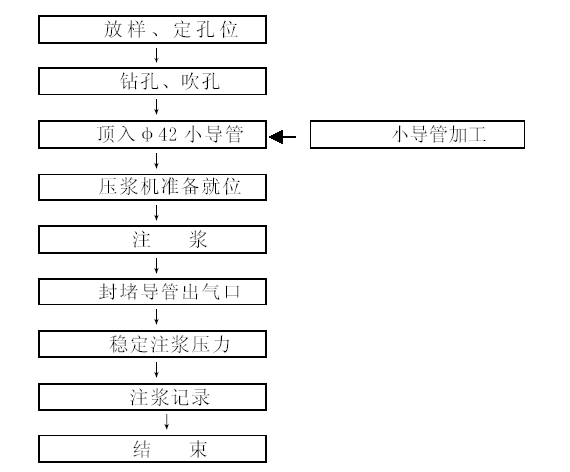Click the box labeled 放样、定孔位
(152, 29)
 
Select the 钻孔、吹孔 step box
(152, 81)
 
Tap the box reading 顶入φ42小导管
(152, 134)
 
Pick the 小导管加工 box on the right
(417, 134)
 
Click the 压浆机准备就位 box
(152, 186)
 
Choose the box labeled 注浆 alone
(152, 239)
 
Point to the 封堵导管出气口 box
(152, 292)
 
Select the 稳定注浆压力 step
(152, 344)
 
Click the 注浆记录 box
(152, 397)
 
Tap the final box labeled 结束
(152, 449)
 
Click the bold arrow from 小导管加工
(283, 137)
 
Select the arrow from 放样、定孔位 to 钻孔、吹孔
(157, 56)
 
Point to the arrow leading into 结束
(167, 422)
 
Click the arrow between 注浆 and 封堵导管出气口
(157, 266)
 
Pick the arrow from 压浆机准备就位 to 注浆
(157, 213)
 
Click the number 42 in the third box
(168, 135)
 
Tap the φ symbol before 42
(147, 135)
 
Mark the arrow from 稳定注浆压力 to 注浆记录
(157, 370)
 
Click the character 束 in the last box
(198, 449)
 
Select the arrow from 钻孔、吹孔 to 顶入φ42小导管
(157, 108)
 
